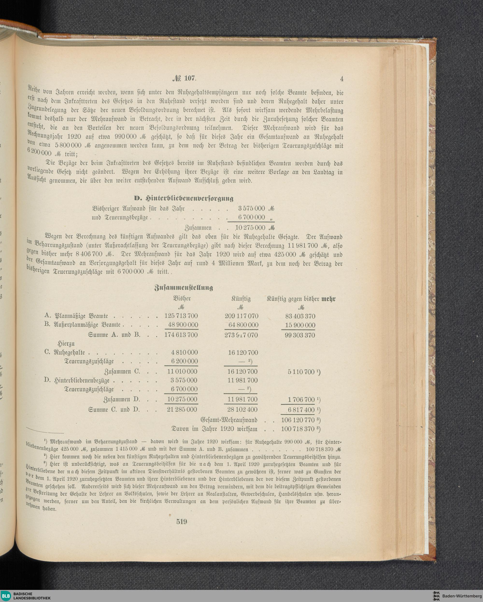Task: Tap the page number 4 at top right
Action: tap(341, 79)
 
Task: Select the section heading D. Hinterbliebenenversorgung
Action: tap(184, 198)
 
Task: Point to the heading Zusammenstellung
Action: tap(184, 288)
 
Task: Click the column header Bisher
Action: tap(182, 298)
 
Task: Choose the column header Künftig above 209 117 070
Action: tap(241, 299)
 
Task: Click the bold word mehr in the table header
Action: tap(329, 299)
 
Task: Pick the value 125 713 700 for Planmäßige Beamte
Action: tap(181, 316)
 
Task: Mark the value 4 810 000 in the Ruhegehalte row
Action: tap(183, 352)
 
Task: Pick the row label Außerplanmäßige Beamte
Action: tap(87, 325)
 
